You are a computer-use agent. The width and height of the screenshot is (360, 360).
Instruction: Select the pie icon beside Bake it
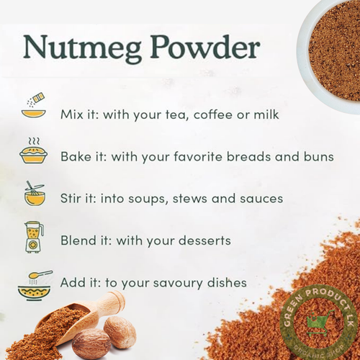tap(33, 153)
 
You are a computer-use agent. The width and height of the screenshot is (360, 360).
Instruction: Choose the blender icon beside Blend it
tap(33, 237)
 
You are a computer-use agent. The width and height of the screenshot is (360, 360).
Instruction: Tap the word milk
tap(263, 114)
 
